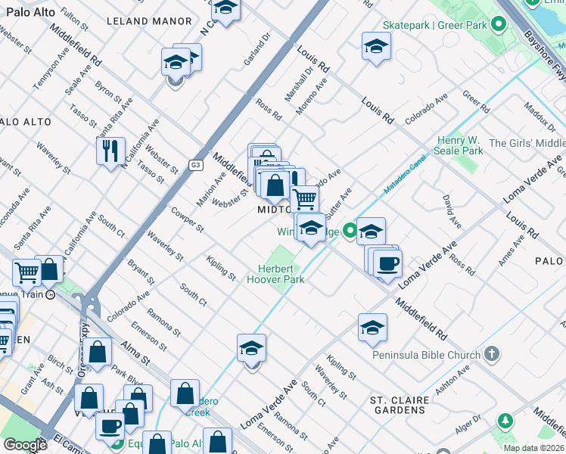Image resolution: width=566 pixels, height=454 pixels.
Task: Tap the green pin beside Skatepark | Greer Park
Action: [498, 25]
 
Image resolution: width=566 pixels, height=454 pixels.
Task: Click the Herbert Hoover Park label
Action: [275, 273]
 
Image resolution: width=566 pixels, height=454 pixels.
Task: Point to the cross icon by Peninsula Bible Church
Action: [492, 354]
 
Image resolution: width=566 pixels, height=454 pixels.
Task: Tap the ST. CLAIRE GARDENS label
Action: [398, 405]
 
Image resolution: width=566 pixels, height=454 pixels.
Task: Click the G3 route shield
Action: [197, 165]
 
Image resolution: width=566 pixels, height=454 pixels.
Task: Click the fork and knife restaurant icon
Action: [110, 151]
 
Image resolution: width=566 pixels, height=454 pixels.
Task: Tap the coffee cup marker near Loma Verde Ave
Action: [387, 264]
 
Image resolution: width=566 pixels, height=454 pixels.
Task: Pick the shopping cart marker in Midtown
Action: [304, 199]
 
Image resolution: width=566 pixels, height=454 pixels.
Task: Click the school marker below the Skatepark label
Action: [375, 47]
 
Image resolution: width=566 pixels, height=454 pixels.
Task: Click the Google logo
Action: [25, 445]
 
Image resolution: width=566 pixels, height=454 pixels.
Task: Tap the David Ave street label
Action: [452, 211]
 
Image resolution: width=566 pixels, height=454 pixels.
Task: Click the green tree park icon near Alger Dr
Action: [505, 421]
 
